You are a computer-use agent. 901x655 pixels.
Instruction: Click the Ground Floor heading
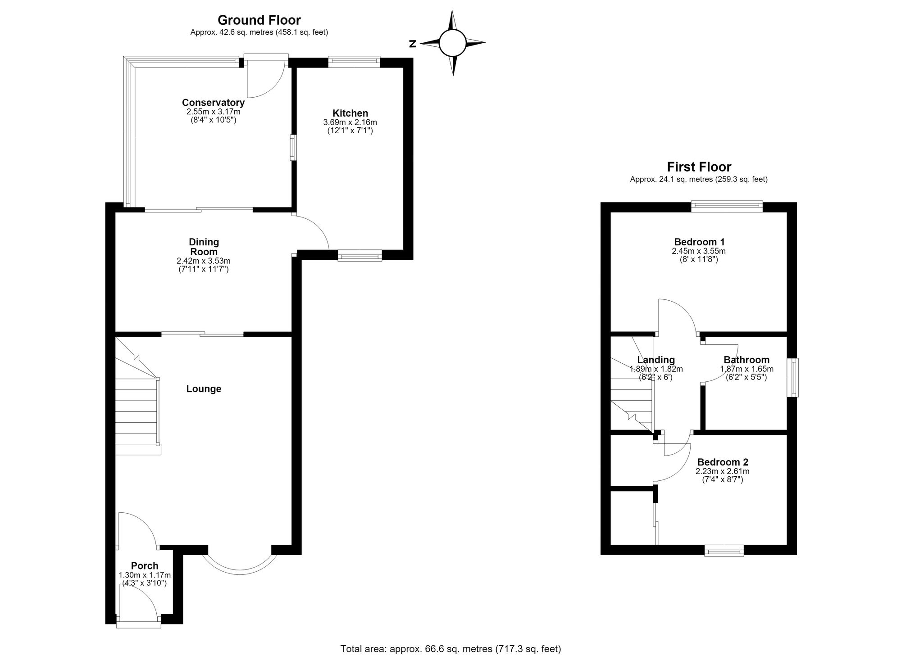point(259,20)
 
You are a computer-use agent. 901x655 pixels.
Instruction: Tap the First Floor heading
point(699,167)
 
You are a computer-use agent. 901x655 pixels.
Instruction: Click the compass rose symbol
point(453,43)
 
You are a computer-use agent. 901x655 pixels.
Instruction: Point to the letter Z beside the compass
point(412,44)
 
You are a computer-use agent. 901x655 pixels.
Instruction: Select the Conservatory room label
point(213,103)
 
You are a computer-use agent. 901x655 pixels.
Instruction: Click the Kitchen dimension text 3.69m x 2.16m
point(350,122)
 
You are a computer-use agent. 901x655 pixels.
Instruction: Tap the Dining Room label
point(204,247)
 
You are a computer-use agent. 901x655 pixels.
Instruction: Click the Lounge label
point(204,389)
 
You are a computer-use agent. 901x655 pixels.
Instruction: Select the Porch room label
point(145,566)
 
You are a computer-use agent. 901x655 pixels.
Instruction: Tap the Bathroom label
point(746,360)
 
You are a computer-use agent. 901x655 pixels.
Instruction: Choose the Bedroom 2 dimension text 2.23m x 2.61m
point(723,471)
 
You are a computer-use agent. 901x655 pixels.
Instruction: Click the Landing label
point(656,360)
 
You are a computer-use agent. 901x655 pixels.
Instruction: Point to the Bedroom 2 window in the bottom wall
point(724,550)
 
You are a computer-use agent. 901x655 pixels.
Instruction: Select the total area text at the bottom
point(450,649)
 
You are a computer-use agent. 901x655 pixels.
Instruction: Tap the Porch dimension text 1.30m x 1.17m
point(145,575)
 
